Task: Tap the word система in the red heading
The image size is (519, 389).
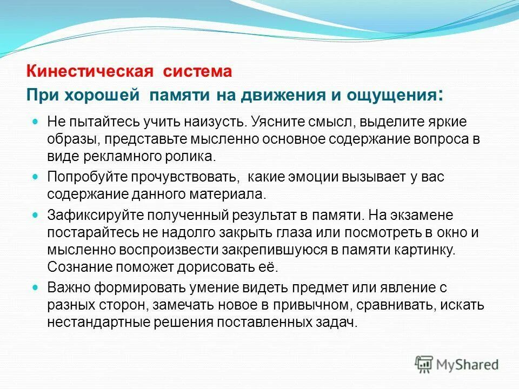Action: point(196,71)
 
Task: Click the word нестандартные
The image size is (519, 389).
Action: point(92,323)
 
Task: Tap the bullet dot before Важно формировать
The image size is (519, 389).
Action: point(36,287)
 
